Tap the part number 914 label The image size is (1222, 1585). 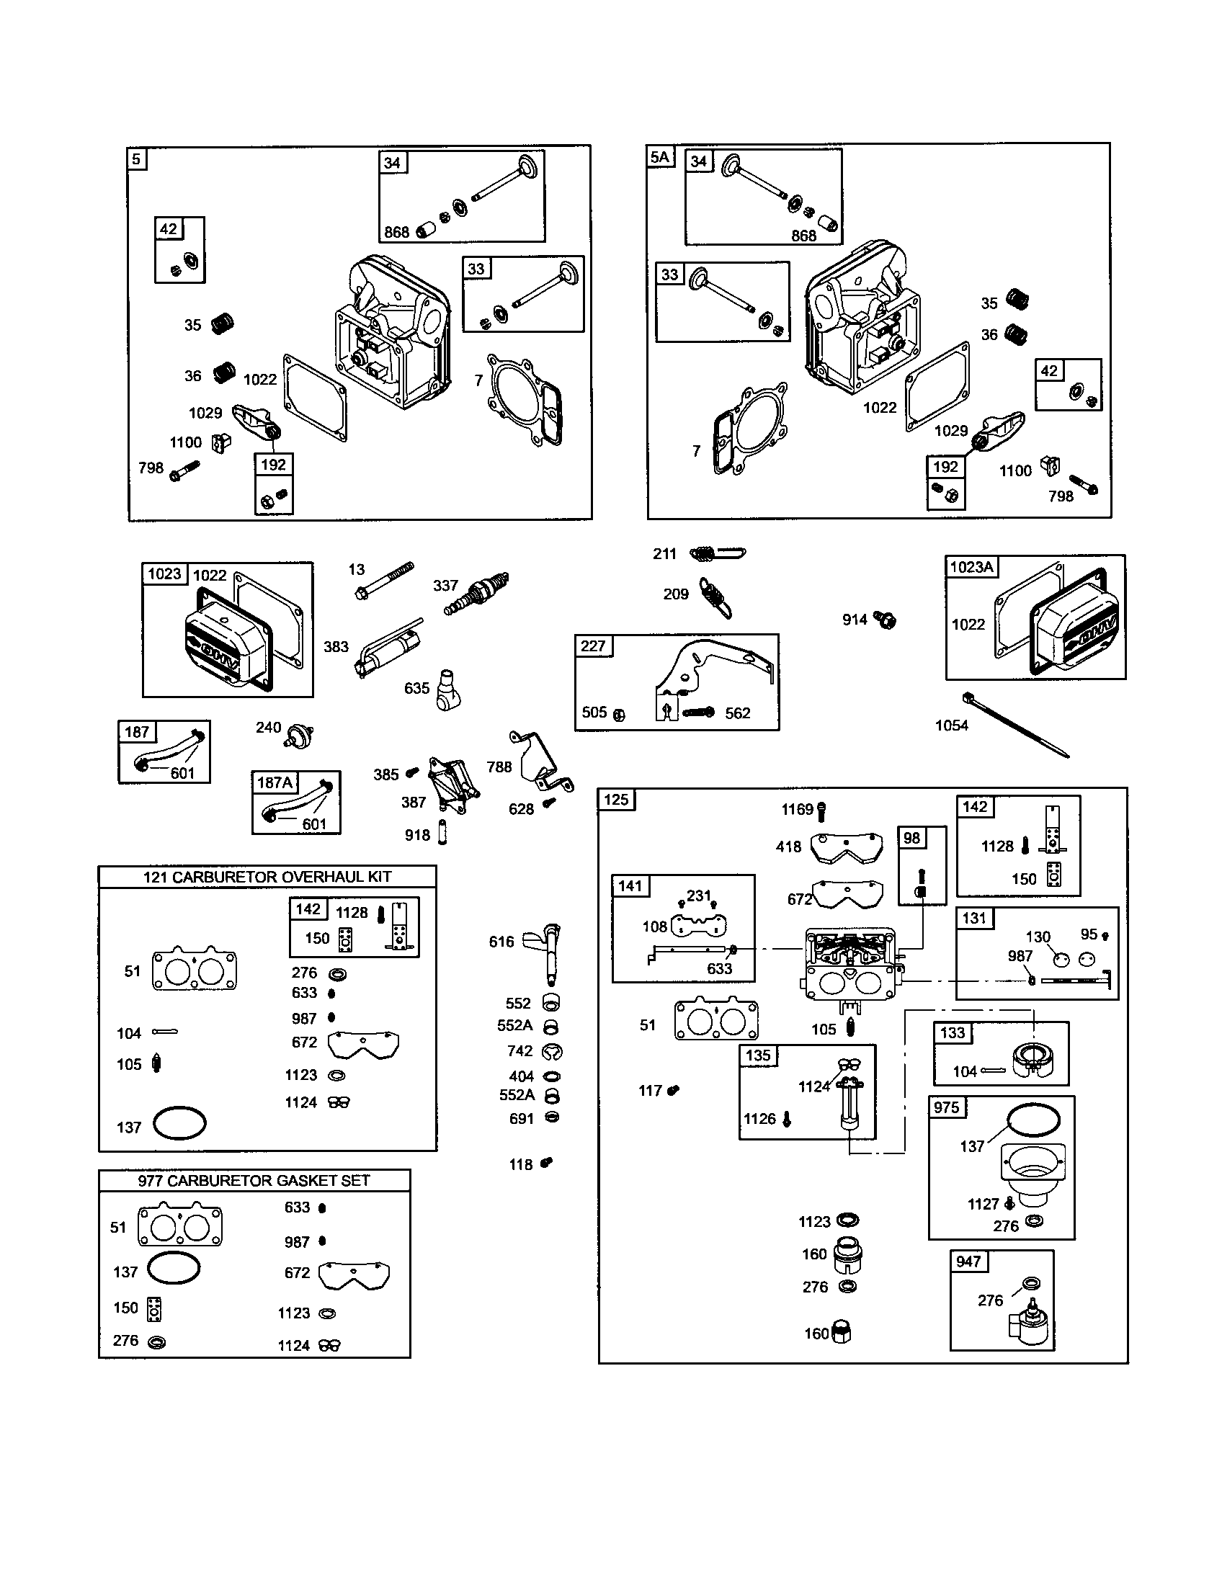[855, 620]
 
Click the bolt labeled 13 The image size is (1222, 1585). [385, 581]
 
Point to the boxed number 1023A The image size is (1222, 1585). [971, 568]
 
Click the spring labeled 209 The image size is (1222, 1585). [715, 597]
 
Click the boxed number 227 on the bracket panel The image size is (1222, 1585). [593, 646]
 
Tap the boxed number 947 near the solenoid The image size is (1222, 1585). [968, 1262]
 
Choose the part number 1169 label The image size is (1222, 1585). [797, 810]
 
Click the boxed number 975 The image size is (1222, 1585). [946, 1107]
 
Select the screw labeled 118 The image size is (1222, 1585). [547, 1163]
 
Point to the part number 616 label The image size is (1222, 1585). [501, 942]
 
